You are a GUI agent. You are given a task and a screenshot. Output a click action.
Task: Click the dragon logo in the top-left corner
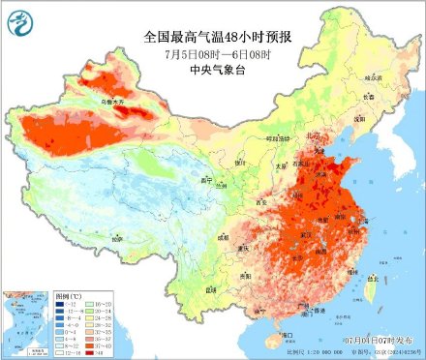pos(18,18)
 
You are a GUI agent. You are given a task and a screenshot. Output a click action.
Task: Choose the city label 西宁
pos(205,180)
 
